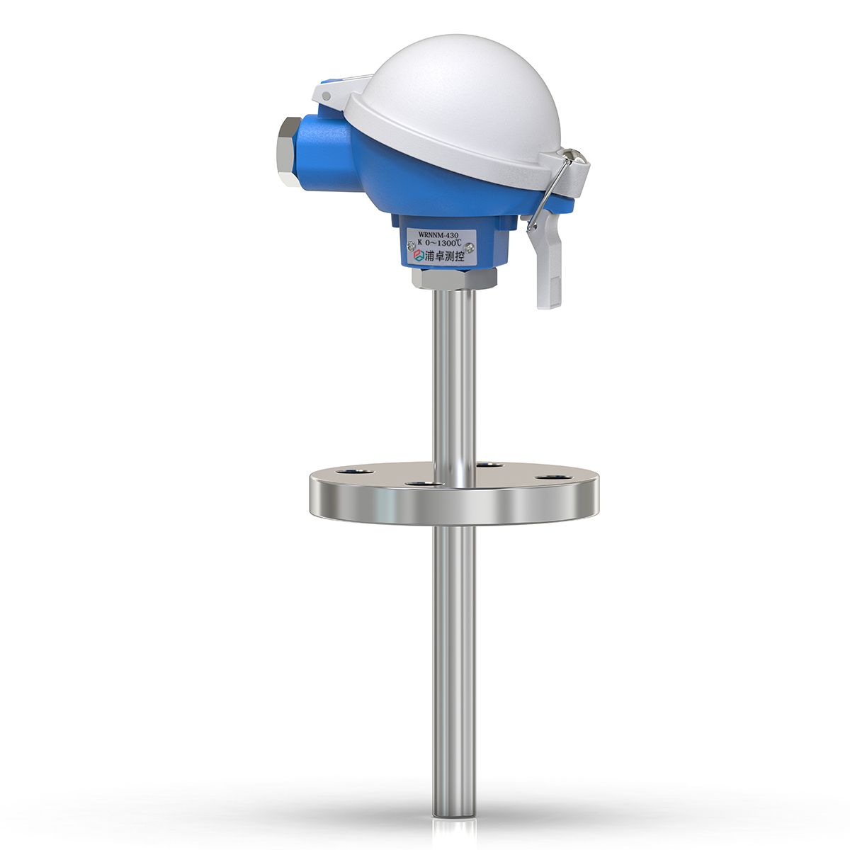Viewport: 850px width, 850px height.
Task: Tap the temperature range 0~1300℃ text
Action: pos(443,242)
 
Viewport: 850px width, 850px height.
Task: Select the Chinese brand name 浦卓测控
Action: pos(443,256)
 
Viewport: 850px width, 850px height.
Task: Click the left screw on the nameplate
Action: pos(411,244)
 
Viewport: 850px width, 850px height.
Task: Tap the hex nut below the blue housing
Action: pos(454,278)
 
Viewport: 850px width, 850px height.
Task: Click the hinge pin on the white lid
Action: pos(326,96)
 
